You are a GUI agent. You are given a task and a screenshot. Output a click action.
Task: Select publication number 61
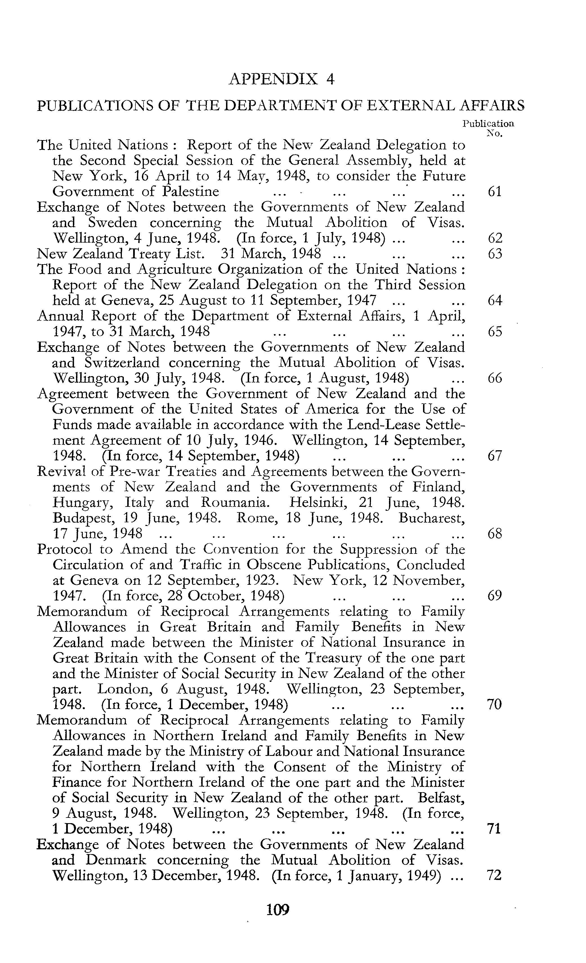(495, 192)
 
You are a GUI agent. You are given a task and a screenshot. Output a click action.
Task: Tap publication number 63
(495, 254)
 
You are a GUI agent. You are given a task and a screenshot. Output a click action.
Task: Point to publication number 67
(495, 456)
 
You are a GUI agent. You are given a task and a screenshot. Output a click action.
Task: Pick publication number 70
(495, 704)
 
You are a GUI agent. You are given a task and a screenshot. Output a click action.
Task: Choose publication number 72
(495, 875)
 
